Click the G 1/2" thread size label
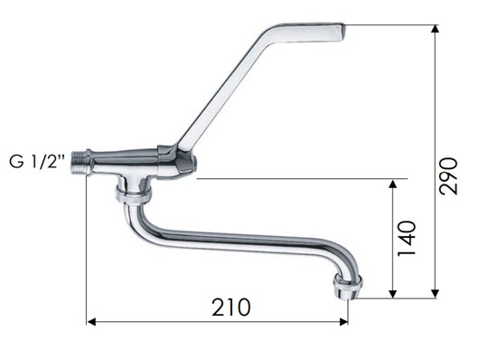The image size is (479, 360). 37,161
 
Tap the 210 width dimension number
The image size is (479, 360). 231,308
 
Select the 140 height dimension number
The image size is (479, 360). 407,238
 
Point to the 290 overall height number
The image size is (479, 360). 448,175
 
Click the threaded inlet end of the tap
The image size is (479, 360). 80,163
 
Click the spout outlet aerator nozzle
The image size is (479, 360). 348,286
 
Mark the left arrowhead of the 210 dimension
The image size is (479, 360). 91,322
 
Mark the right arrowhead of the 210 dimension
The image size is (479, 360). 343,322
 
